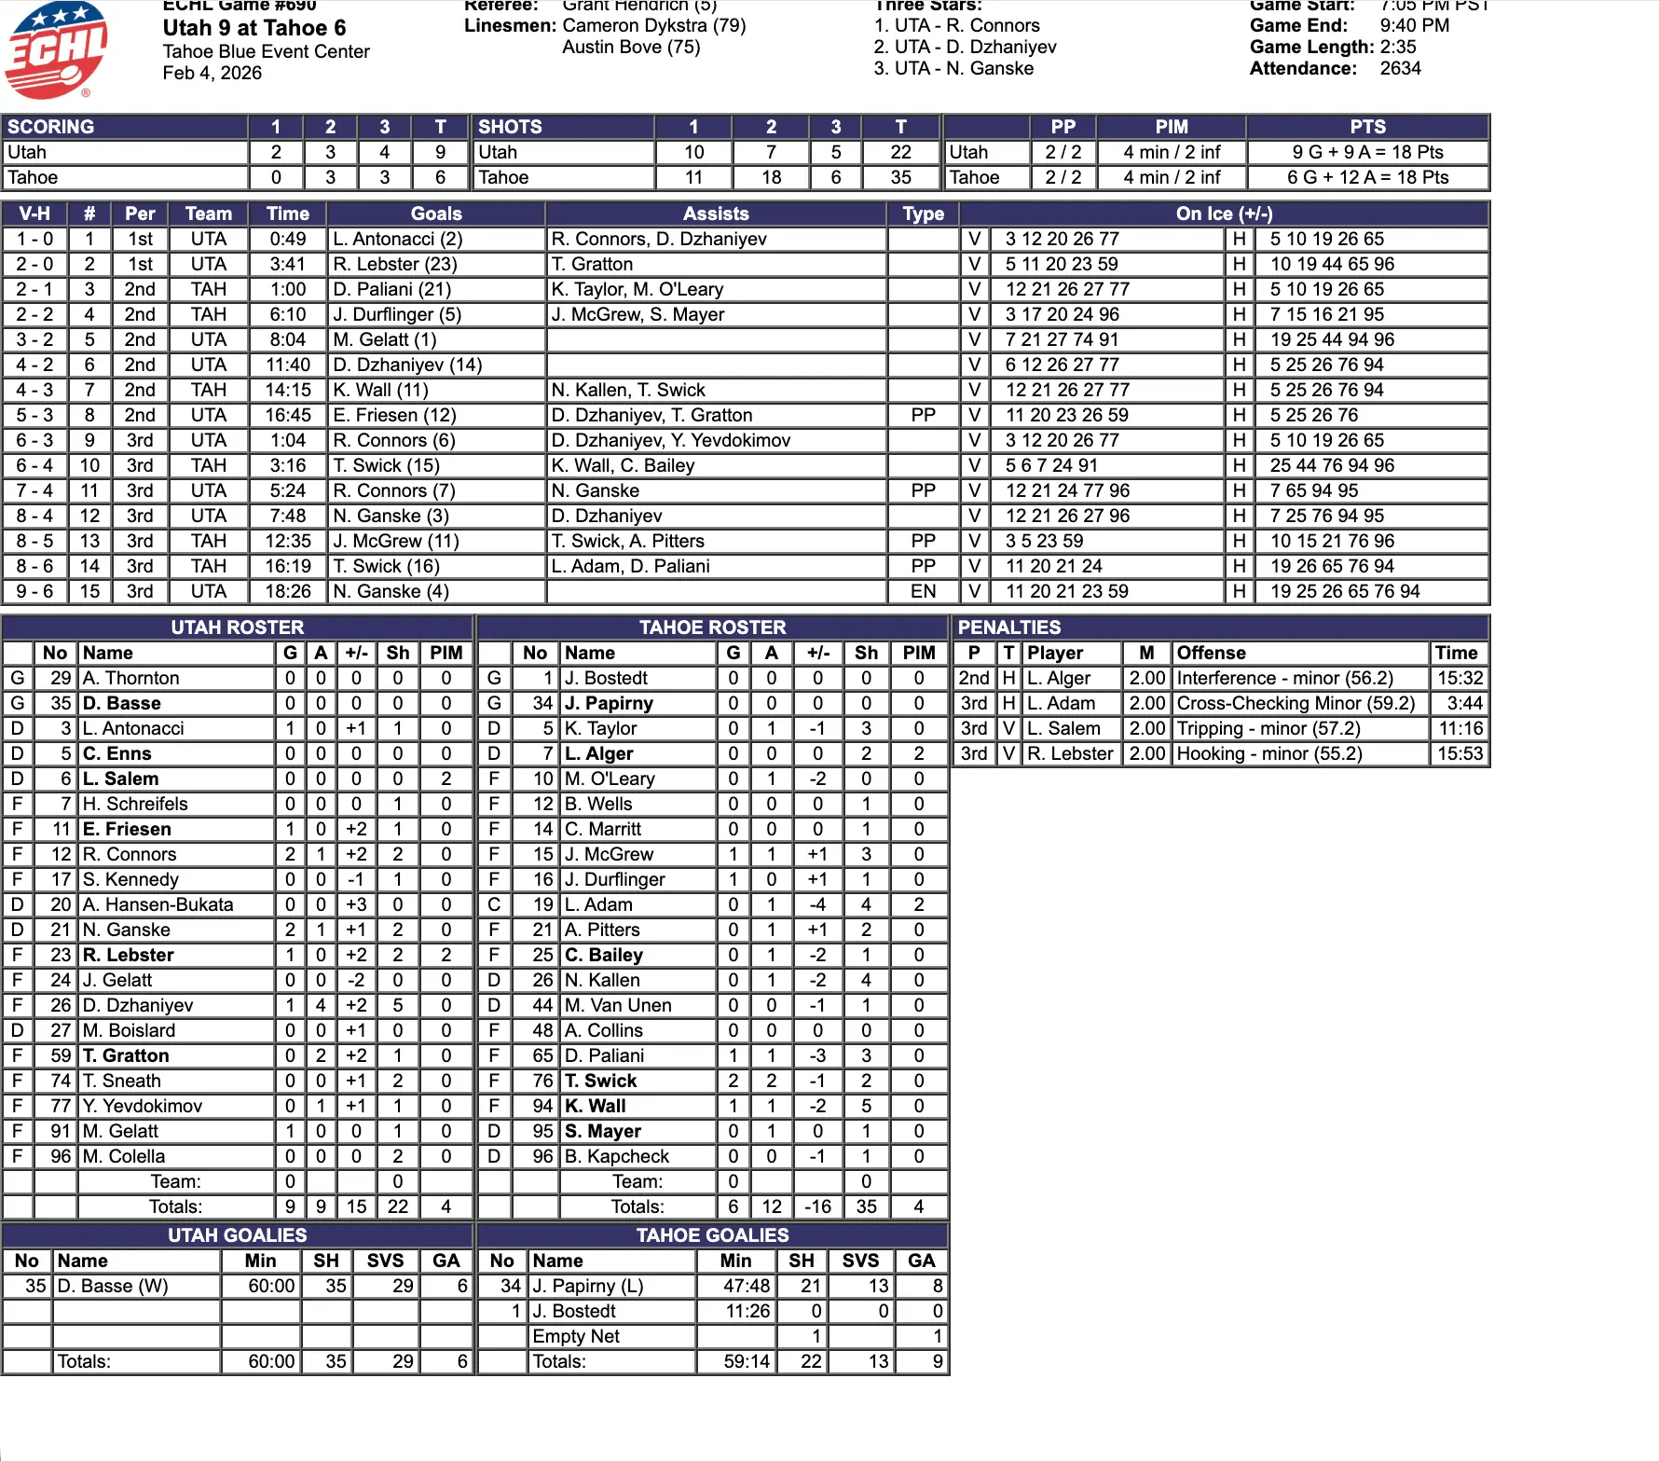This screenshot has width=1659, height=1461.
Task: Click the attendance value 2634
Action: coord(1400,68)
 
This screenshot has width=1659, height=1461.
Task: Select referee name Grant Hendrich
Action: coord(639,6)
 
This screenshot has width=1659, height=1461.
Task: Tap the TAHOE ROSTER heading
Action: coord(712,627)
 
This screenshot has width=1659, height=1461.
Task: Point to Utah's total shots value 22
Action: coord(900,152)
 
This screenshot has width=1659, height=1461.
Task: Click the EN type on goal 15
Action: coord(923,591)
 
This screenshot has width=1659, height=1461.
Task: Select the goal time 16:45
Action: coord(288,415)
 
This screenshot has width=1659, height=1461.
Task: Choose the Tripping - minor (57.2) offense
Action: coord(1268,728)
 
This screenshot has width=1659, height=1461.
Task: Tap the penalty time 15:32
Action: coord(1460,678)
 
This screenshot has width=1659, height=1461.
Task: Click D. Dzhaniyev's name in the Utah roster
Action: coord(138,1005)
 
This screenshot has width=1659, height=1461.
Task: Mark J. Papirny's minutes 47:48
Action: coord(747,1286)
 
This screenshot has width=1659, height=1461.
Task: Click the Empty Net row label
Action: coord(576,1336)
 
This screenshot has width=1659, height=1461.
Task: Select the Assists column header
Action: coord(715,214)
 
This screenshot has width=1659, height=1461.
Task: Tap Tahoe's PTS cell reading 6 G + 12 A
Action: coord(1367,177)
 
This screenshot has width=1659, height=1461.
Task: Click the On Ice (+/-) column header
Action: coord(1223,214)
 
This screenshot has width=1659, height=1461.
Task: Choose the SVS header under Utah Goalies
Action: coord(385,1261)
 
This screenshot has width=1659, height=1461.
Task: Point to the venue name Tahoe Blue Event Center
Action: coord(266,51)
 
